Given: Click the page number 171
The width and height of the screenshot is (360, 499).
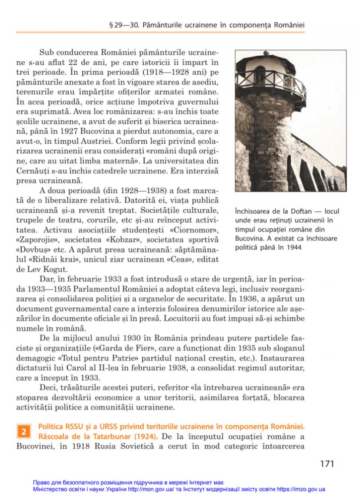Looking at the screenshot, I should coord(327,464).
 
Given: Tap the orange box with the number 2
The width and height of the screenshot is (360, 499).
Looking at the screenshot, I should coord(23,432).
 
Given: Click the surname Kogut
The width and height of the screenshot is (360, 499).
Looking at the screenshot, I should coord(56,269).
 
